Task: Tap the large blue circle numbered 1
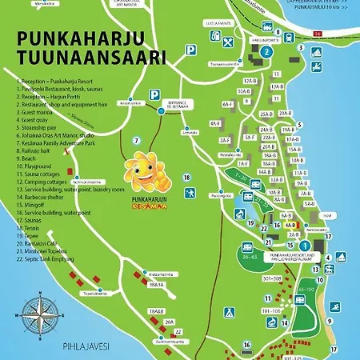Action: pyautogui.click(x=305, y=245)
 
